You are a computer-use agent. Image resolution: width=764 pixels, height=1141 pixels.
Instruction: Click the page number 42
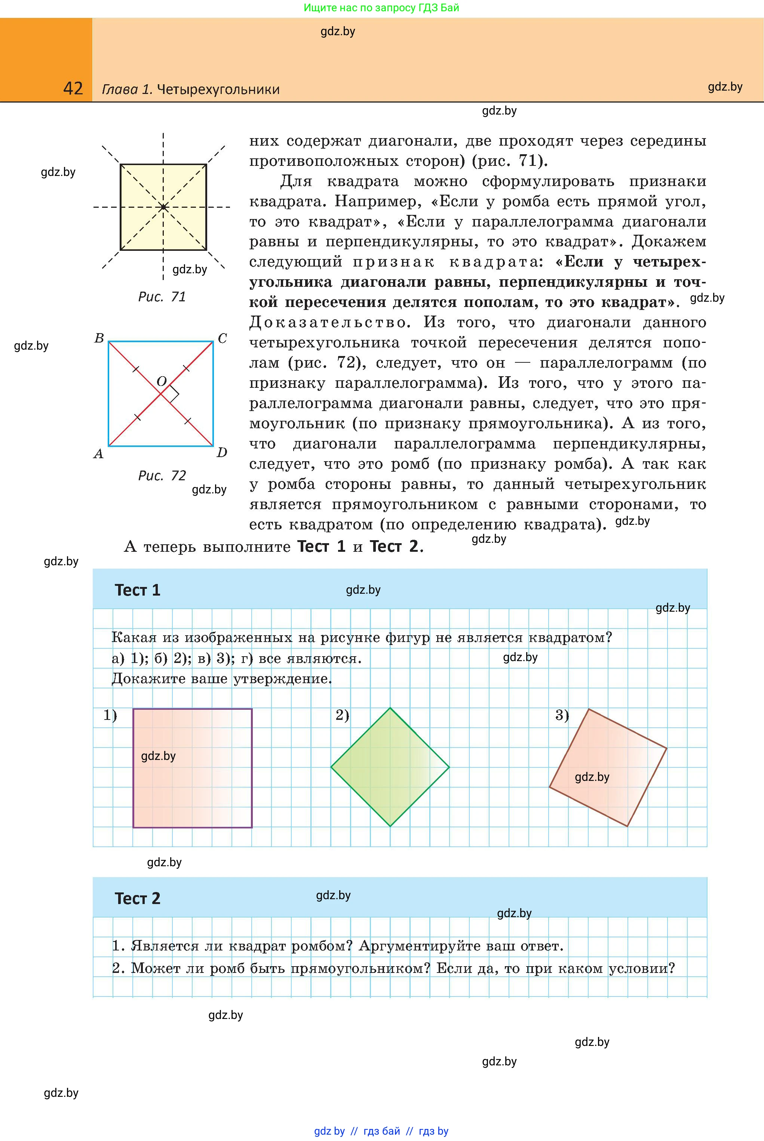tap(73, 89)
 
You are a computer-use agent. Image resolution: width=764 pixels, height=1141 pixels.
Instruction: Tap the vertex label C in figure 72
tap(222, 338)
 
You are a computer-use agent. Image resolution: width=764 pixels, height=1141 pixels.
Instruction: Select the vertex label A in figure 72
tap(98, 454)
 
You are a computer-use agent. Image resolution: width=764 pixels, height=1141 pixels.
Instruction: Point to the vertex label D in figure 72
tap(222, 453)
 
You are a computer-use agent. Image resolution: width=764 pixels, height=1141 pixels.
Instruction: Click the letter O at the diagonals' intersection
tap(161, 381)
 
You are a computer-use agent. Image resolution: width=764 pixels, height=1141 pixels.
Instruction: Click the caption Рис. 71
tap(162, 297)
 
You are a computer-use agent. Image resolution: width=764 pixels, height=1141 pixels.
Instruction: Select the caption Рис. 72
tap(162, 475)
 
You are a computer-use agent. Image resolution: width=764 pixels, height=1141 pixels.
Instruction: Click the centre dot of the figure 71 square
tap(163, 207)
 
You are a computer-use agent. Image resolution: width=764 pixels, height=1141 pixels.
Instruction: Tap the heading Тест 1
tap(137, 590)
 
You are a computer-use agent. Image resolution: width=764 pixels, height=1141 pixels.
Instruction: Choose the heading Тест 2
tap(137, 898)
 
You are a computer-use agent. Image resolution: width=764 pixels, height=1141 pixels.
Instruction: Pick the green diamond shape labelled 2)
tap(390, 767)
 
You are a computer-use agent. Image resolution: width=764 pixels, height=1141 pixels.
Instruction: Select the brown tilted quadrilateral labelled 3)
tap(608, 767)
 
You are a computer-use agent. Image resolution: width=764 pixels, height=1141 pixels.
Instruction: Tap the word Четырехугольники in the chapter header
tap(218, 89)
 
